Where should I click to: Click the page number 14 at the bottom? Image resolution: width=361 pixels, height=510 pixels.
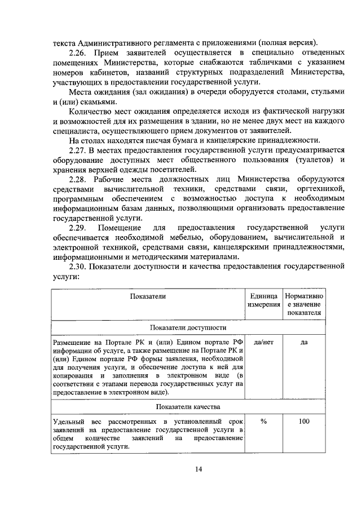click(199, 469)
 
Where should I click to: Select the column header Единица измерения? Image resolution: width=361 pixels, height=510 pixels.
click(263, 300)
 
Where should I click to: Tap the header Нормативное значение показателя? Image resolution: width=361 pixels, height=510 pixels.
click(303, 304)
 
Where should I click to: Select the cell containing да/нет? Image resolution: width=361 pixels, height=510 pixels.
click(263, 342)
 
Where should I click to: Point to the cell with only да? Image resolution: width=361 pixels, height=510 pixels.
click(303, 342)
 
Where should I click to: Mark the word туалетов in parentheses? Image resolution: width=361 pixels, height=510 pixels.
click(312, 159)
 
